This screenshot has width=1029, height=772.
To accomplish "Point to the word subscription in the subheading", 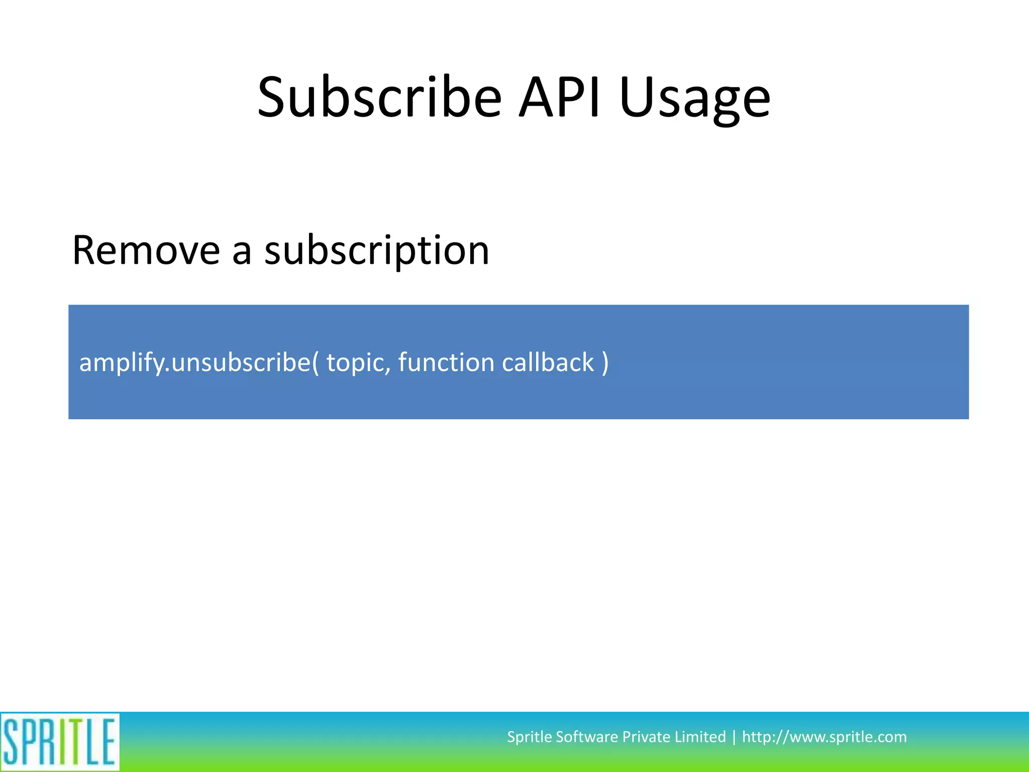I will click(377, 251).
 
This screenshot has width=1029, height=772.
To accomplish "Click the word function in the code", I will click(446, 363).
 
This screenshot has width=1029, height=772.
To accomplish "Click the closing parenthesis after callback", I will click(605, 363).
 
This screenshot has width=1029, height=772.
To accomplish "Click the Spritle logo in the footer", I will click(59, 741).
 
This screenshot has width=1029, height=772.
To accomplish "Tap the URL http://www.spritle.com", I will click(824, 737).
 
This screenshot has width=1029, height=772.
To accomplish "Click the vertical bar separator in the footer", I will click(734, 737).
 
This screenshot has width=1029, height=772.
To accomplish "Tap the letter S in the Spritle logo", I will click(11, 742).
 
